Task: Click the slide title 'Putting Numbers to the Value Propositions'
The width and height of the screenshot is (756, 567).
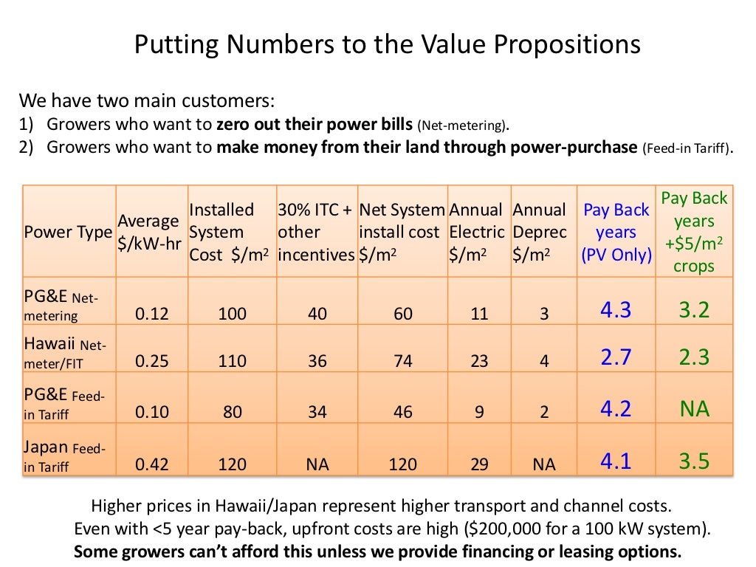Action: (387, 45)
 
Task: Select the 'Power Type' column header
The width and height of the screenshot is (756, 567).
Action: (68, 233)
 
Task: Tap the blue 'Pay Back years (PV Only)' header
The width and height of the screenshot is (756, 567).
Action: (616, 233)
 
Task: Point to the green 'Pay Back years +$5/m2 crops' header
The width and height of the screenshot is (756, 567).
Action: (693, 232)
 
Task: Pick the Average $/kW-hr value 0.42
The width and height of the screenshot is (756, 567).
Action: (151, 464)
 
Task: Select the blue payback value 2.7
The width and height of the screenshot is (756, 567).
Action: (616, 358)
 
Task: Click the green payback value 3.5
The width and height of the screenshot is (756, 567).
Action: (693, 462)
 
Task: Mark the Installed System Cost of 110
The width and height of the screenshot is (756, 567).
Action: (232, 361)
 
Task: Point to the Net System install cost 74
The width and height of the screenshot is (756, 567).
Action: (402, 361)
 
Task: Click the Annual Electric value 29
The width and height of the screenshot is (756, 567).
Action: (479, 464)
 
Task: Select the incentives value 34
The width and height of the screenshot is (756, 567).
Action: (317, 412)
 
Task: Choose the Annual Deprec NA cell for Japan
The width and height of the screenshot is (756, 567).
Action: (543, 464)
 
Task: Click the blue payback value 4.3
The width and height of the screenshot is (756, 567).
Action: (616, 310)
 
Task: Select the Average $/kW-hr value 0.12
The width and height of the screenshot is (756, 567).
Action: (151, 314)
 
